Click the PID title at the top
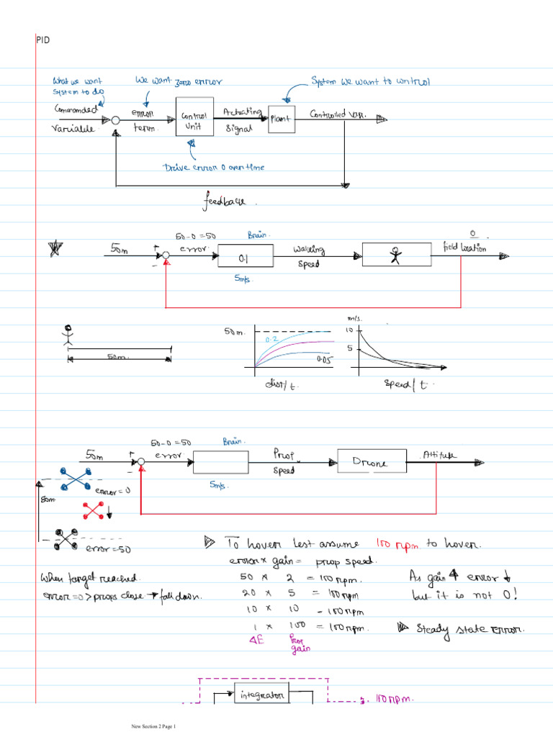tap(42, 40)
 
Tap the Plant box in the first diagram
tap(280, 119)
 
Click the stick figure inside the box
tap(395, 256)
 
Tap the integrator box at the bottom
tap(262, 695)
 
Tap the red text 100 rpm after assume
tap(397, 545)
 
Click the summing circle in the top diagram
tap(115, 120)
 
